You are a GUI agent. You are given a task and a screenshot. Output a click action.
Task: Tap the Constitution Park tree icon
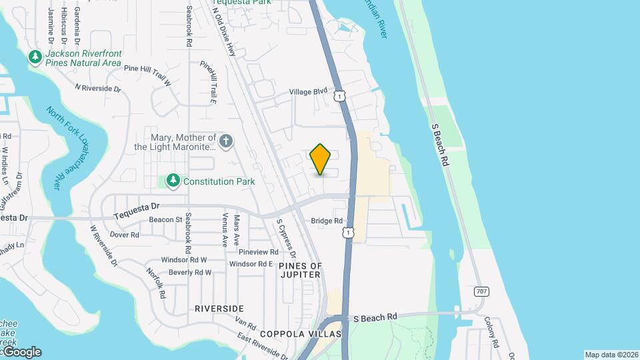tap(173, 181)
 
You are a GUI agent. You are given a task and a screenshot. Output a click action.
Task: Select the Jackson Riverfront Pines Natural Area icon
tap(35, 58)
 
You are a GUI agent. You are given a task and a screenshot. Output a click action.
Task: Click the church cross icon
tap(227, 141)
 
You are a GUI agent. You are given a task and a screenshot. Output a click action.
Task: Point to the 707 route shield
tap(481, 291)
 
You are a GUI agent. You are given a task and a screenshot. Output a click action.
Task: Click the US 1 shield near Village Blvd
tap(340, 97)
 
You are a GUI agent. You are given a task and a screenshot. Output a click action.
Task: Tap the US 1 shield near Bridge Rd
tap(347, 232)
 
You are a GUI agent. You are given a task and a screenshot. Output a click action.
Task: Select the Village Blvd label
tap(308, 92)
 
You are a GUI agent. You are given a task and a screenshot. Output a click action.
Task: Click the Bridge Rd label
tap(327, 221)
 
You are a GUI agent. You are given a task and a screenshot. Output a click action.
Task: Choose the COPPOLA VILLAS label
tap(301, 334)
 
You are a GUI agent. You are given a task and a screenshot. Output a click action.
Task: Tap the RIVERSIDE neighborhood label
tap(219, 309)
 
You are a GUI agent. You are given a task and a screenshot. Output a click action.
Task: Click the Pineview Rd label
tap(258, 252)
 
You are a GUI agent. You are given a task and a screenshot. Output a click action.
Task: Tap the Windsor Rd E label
tap(251, 264)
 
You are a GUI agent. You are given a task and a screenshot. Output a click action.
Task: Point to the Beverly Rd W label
tap(190, 272)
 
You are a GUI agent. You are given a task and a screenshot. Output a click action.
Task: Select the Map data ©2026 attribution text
tap(611, 355)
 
